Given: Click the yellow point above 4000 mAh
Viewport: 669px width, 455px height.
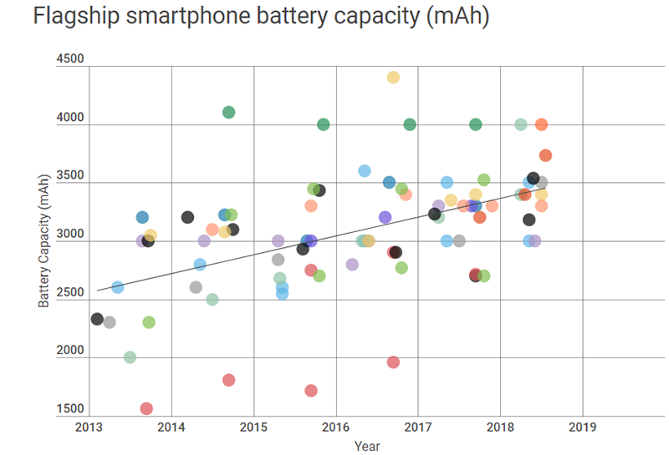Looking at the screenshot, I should pyautogui.click(x=393, y=78).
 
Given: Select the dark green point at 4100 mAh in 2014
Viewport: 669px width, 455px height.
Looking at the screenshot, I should pyautogui.click(x=229, y=113).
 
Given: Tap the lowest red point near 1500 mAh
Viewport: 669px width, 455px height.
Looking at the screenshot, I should pyautogui.click(x=146, y=408).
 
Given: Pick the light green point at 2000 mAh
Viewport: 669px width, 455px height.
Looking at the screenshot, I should pyautogui.click(x=130, y=357).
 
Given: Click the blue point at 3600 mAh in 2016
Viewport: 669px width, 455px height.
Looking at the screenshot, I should pyautogui.click(x=365, y=171).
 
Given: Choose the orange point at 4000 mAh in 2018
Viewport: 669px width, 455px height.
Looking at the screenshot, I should pyautogui.click(x=541, y=124).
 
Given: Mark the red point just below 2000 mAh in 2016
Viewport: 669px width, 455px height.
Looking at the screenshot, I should pyautogui.click(x=393, y=362).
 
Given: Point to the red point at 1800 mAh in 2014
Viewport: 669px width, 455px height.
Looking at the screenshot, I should pyautogui.click(x=229, y=380).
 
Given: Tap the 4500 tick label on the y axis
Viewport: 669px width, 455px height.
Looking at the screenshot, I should pyautogui.click(x=70, y=60).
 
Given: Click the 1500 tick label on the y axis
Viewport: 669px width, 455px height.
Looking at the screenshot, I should pyautogui.click(x=70, y=409).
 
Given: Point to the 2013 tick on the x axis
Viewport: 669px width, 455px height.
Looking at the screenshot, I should pyautogui.click(x=89, y=427).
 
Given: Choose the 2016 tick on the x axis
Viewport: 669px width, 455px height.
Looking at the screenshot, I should pyautogui.click(x=335, y=427).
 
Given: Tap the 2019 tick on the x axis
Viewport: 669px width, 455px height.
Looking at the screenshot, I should pyautogui.click(x=581, y=427).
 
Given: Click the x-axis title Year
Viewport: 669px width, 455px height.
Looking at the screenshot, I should pyautogui.click(x=366, y=447).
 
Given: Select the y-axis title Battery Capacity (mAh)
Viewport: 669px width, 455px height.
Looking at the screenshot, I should pyautogui.click(x=44, y=240).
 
